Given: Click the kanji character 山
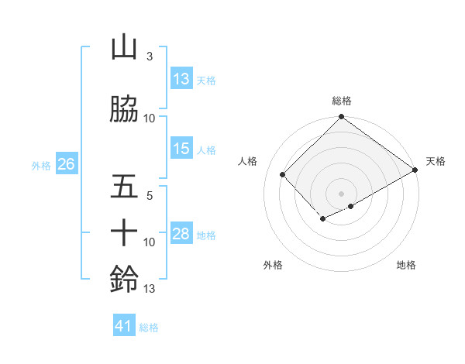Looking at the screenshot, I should click(x=125, y=47).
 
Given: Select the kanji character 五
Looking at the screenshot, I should click(x=125, y=187).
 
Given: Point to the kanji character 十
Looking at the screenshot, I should click(x=125, y=232).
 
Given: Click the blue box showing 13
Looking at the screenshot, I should click(x=181, y=79).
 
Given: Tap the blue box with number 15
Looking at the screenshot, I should click(x=181, y=149).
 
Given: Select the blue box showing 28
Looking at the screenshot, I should click(x=181, y=234).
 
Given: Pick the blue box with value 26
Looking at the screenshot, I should click(x=66, y=164).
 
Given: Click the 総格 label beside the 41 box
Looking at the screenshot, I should click(x=150, y=328).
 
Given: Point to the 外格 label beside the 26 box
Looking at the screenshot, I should click(x=41, y=165).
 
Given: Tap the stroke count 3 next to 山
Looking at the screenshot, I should click(x=149, y=57).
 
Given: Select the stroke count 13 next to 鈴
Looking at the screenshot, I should click(x=150, y=290).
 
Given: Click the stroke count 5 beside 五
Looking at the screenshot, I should click(x=150, y=197).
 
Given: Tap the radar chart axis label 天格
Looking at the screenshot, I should click(x=436, y=161).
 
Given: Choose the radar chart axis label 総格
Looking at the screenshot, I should click(x=342, y=101).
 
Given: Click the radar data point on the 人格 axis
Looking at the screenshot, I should click(x=283, y=174).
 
